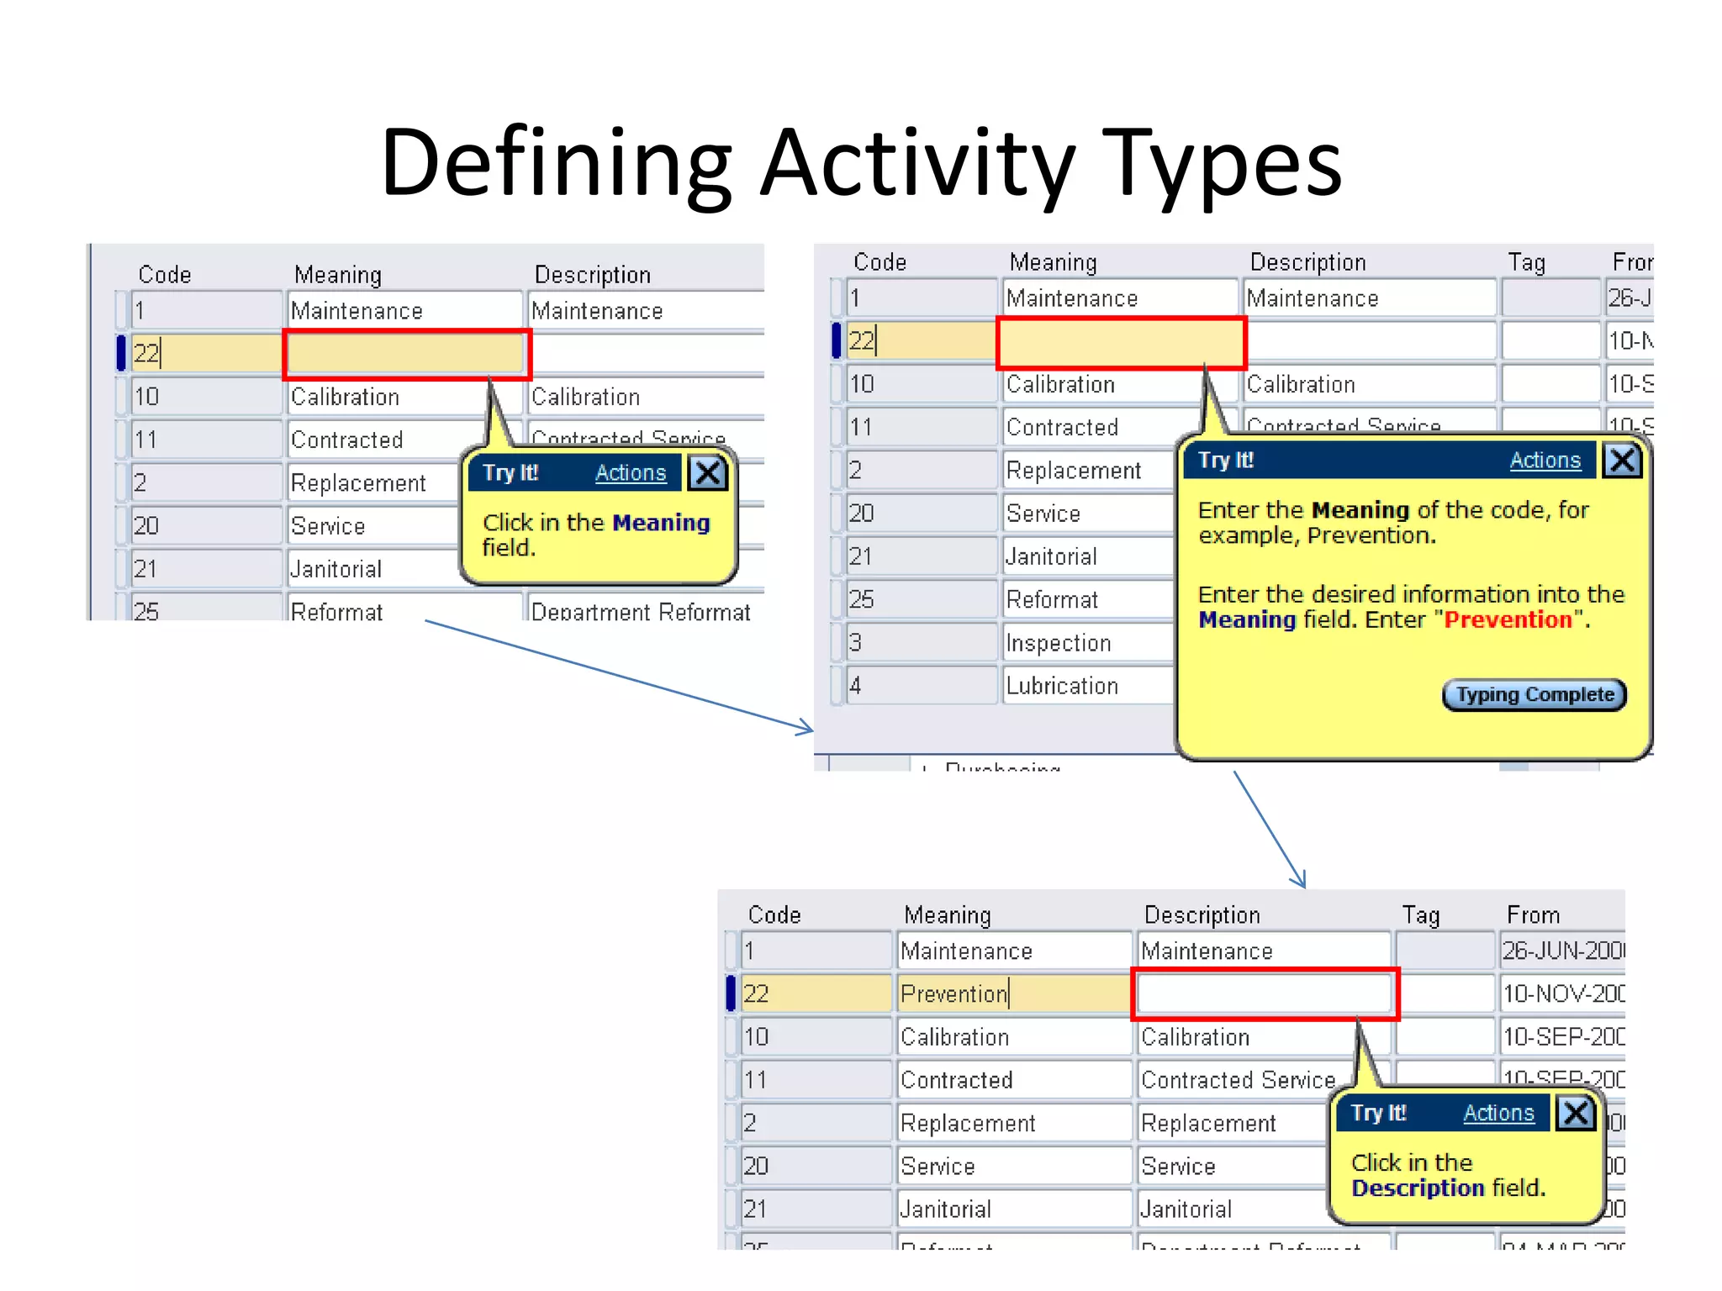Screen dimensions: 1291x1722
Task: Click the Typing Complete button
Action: point(1534,695)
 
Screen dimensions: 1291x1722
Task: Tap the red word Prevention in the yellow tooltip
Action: point(1508,620)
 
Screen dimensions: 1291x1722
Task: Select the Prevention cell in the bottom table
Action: point(1012,994)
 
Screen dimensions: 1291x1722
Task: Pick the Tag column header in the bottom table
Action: point(1421,915)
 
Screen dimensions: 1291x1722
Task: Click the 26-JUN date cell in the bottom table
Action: point(1562,951)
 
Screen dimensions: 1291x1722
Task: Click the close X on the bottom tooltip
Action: point(1576,1113)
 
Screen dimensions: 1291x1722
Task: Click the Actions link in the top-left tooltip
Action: point(630,473)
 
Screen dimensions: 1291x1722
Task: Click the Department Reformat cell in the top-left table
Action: point(641,611)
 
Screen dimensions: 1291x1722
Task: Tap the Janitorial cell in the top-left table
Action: point(370,569)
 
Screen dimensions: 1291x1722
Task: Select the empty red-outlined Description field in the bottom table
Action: point(1265,994)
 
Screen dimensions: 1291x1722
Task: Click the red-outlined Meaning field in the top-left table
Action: point(407,354)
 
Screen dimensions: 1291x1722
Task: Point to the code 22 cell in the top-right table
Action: point(920,341)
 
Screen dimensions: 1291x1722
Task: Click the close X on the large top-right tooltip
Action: point(1622,461)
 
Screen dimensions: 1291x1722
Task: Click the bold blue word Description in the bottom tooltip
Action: point(1418,1188)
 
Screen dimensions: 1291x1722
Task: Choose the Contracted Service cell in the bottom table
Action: point(1238,1080)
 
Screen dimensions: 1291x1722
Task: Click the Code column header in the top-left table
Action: point(165,275)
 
